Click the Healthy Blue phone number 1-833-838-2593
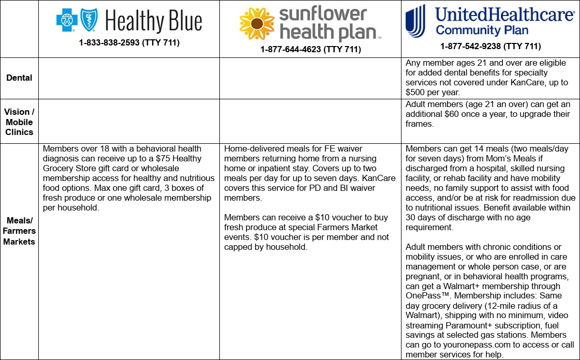point(129,43)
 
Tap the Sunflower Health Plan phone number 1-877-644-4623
point(310,50)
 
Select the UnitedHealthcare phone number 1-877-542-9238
point(490,46)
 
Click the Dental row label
point(19,78)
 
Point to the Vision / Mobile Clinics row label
point(19,122)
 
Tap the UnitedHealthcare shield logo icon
point(415,21)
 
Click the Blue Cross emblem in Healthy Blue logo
point(66,20)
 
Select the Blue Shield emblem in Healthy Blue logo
point(89,20)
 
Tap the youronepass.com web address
point(454,345)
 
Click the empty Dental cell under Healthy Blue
point(129,78)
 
